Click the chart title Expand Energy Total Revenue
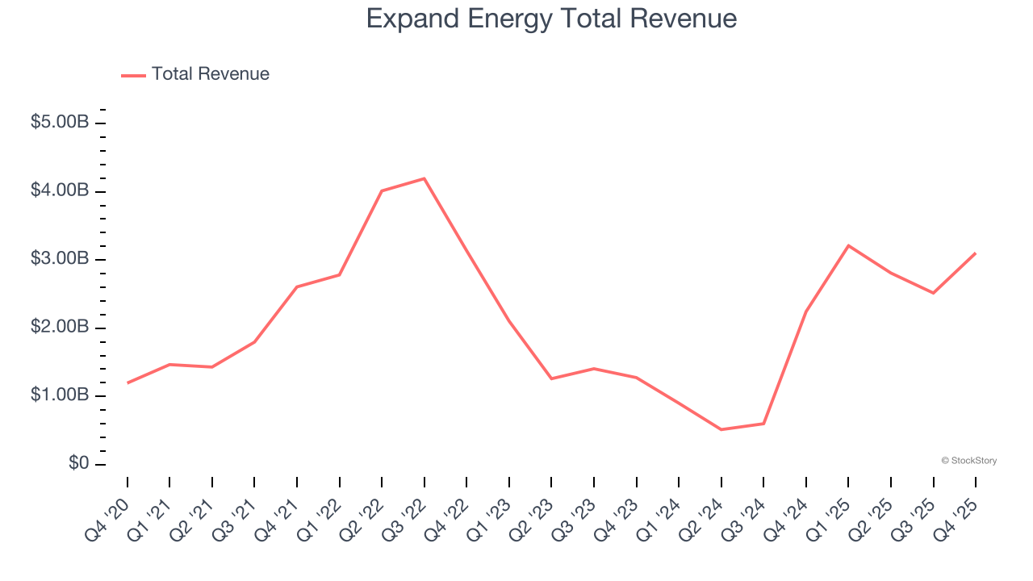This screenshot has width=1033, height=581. [551, 19]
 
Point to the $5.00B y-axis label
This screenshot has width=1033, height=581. [60, 123]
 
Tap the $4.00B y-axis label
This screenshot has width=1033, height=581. [60, 191]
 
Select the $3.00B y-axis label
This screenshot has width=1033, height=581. [60, 259]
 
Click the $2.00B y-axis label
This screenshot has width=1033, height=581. [60, 328]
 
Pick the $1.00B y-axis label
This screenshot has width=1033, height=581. [60, 395]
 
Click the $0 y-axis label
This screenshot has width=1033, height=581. [77, 464]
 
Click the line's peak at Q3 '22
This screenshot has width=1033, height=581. [424, 178]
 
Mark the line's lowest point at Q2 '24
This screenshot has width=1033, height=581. [721, 429]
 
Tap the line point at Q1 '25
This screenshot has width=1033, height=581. [848, 245]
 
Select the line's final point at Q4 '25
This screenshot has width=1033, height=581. [975, 253]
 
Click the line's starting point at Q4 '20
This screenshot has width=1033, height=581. [128, 382]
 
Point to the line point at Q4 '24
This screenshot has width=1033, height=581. [805, 311]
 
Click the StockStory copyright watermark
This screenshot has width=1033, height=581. [968, 461]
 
